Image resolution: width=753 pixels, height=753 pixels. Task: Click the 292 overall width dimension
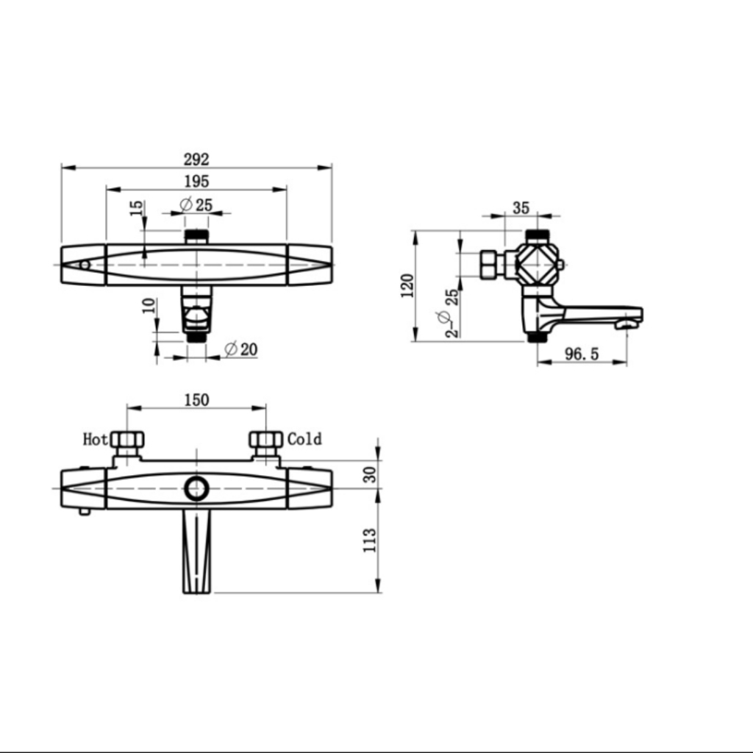tap(196, 159)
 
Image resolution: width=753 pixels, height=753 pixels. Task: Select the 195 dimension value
tap(197, 182)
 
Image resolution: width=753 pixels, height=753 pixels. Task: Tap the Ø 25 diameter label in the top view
tap(196, 205)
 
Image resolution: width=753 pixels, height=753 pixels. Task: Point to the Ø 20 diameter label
tap(241, 349)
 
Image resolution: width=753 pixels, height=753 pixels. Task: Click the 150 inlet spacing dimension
tap(197, 400)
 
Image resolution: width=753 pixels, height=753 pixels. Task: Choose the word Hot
tap(95, 439)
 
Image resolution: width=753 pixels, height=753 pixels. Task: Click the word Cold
tap(305, 439)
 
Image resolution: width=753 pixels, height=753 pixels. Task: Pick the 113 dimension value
tap(370, 540)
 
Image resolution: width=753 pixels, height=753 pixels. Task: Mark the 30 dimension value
tap(370, 474)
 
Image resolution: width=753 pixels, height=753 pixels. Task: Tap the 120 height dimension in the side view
tap(407, 286)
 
